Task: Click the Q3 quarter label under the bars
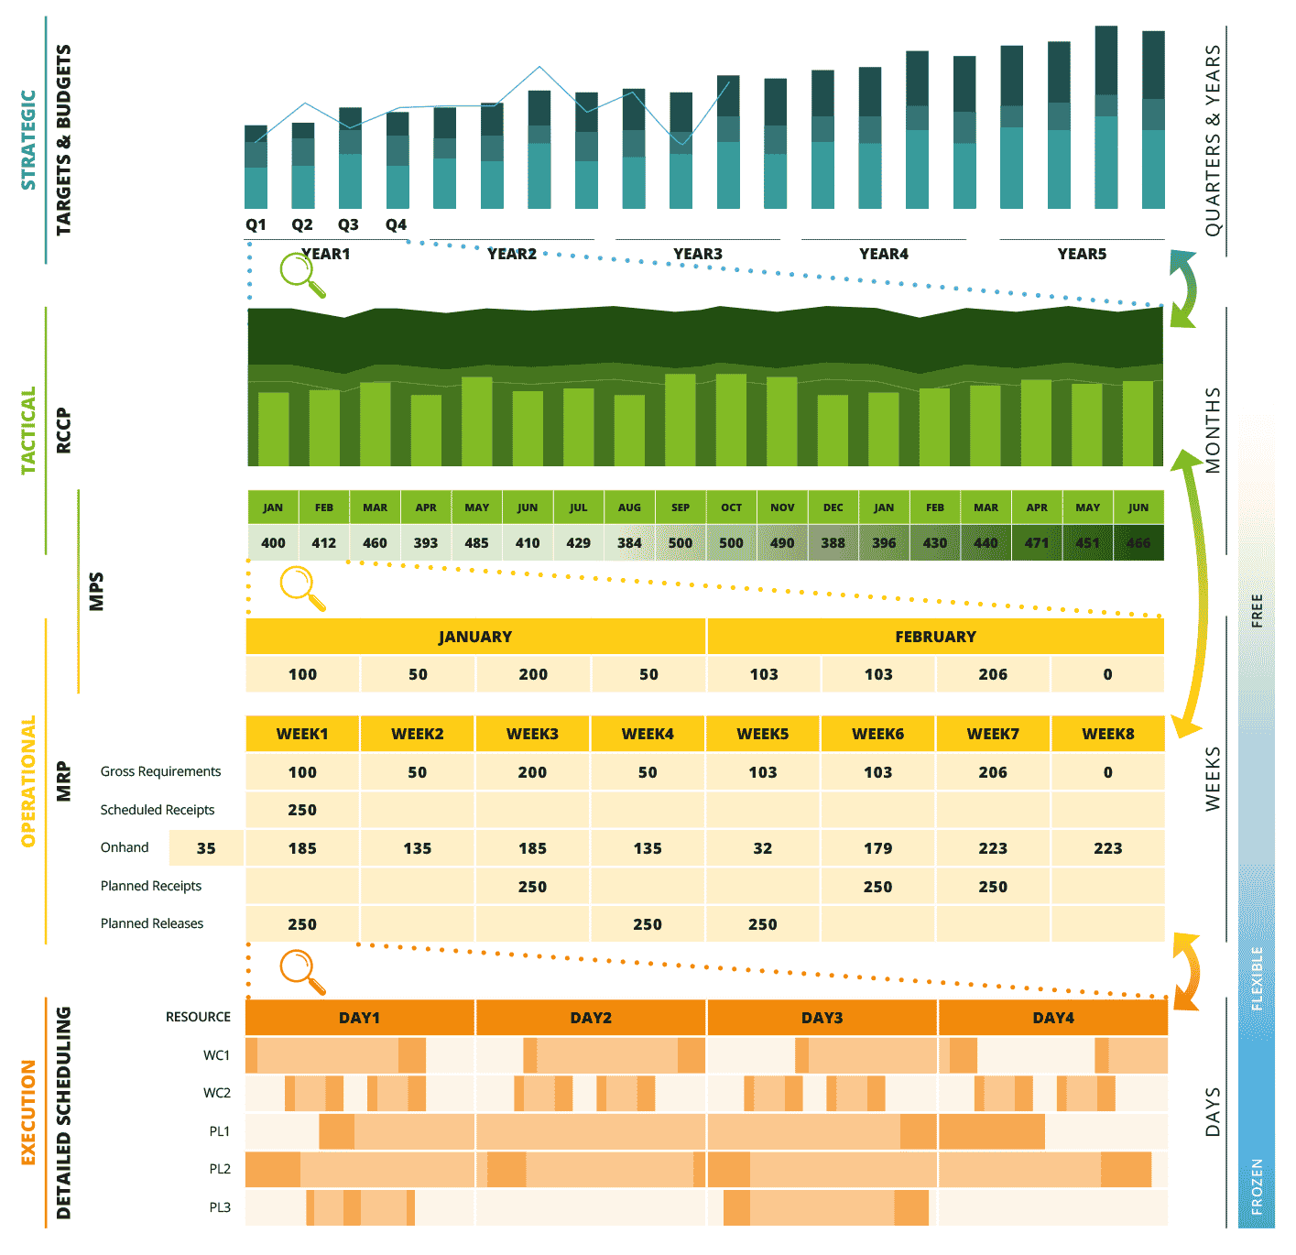(x=348, y=224)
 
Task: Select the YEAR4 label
(x=883, y=254)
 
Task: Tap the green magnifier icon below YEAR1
(x=301, y=274)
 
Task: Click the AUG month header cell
(x=629, y=507)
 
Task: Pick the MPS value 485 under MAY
(x=476, y=542)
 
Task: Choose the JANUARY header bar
(x=475, y=637)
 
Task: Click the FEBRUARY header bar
(x=935, y=637)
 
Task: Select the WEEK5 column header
(x=762, y=734)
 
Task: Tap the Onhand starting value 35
(x=206, y=848)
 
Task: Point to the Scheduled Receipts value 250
(x=302, y=810)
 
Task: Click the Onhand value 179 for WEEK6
(x=877, y=848)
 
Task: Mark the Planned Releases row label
(x=152, y=923)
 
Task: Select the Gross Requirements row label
(x=160, y=771)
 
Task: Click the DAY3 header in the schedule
(x=822, y=1018)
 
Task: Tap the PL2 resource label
(x=220, y=1169)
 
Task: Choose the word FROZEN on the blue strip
(x=1257, y=1186)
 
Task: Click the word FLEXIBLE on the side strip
(x=1257, y=978)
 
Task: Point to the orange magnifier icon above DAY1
(x=301, y=970)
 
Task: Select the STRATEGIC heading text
(x=28, y=139)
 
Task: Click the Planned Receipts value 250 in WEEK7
(x=993, y=887)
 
